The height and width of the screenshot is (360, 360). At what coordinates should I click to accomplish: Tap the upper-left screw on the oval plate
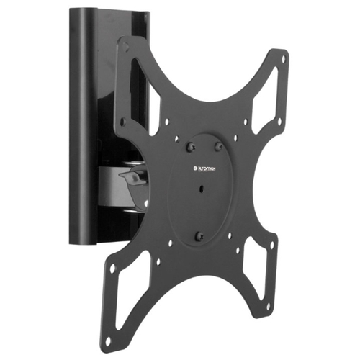191,147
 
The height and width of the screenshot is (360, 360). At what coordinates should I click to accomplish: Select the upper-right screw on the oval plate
218,146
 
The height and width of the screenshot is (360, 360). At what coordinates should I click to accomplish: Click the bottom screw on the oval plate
199,236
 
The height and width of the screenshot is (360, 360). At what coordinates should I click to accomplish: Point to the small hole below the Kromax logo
201,189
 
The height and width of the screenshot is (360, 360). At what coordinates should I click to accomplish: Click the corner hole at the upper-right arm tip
284,58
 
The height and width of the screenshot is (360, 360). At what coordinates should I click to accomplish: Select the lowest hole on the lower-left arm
108,341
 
